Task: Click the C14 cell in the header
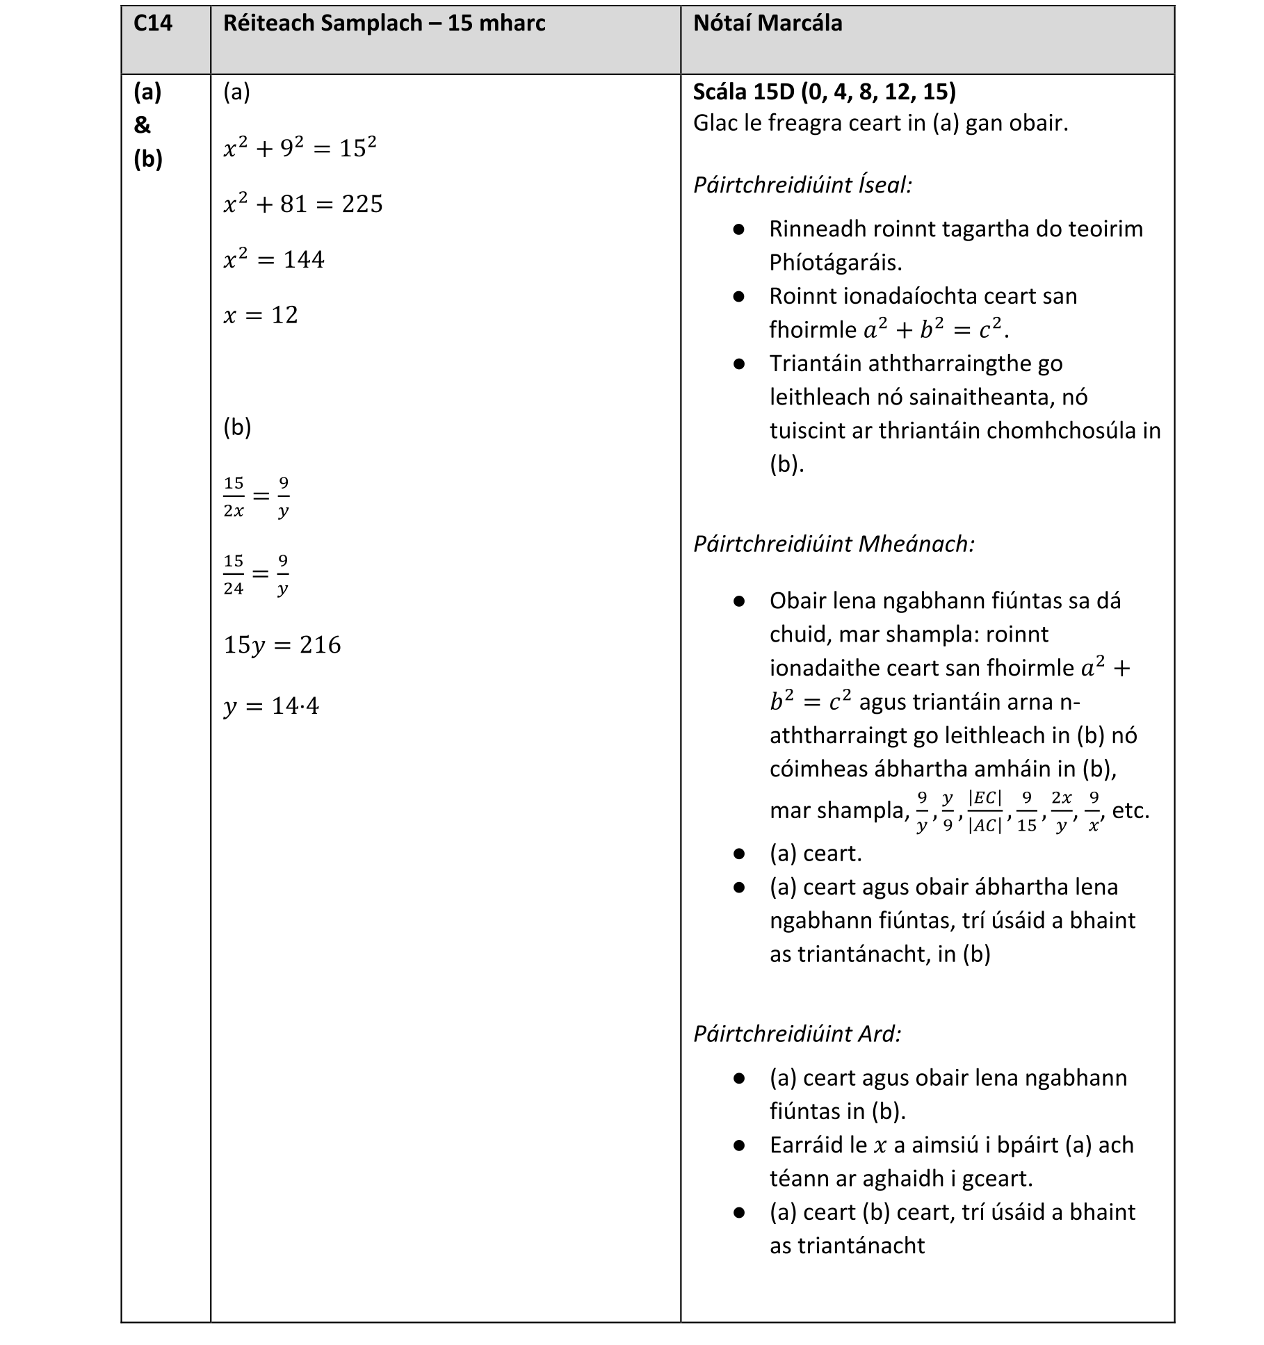click(x=152, y=24)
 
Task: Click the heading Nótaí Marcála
click(x=767, y=24)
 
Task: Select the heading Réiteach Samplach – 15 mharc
click(x=384, y=24)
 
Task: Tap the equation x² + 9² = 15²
click(x=300, y=147)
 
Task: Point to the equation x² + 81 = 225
click(x=303, y=204)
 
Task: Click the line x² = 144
click(x=274, y=259)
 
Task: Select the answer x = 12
click(x=261, y=315)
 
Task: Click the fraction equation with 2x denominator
click(x=256, y=496)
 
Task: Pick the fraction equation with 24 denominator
click(x=256, y=574)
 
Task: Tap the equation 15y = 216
click(x=282, y=645)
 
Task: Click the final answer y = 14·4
click(x=271, y=706)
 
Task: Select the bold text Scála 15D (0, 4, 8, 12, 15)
click(x=824, y=91)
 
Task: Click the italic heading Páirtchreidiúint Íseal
click(x=802, y=185)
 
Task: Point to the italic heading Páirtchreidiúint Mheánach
click(x=834, y=544)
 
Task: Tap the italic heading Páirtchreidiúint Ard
click(x=797, y=1034)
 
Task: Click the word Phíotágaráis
click(x=835, y=263)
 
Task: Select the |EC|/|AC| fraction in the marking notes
click(x=985, y=811)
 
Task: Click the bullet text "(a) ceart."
click(x=815, y=853)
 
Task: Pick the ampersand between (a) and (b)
click(x=142, y=125)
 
